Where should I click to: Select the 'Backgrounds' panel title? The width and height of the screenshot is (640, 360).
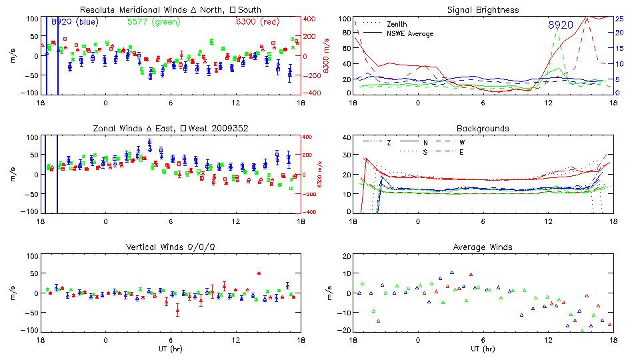click(483, 129)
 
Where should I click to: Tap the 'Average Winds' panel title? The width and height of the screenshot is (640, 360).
click(483, 247)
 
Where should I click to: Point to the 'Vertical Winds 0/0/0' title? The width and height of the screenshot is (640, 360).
click(171, 247)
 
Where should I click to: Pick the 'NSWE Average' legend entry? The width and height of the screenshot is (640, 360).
click(410, 33)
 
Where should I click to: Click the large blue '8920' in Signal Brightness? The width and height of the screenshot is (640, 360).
click(561, 25)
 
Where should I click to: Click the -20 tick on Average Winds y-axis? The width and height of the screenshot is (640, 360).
click(344, 331)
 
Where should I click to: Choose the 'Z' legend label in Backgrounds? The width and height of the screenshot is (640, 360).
click(389, 142)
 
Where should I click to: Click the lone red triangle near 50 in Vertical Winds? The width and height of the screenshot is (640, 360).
click(259, 273)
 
